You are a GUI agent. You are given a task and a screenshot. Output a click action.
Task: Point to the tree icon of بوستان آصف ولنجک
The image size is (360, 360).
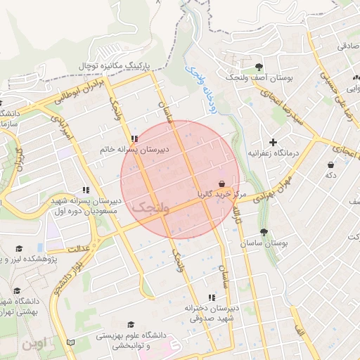(260, 67)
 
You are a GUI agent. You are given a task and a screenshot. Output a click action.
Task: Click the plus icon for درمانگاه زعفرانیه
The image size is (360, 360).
(273, 142)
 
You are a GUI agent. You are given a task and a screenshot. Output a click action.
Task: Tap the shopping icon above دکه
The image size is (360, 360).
(330, 165)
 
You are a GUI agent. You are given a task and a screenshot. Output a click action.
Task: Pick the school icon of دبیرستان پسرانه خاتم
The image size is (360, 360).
(134, 139)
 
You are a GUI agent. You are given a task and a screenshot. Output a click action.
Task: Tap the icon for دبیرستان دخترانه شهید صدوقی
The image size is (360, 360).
(212, 297)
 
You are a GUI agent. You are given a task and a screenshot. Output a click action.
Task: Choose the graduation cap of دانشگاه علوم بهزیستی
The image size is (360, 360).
(130, 324)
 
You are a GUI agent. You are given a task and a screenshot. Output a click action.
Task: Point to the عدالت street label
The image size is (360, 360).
(80, 247)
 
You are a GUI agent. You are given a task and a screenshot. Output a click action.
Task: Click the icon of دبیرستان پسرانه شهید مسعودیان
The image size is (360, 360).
(86, 190)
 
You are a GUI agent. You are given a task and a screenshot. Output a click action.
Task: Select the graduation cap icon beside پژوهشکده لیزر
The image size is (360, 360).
(20, 248)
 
